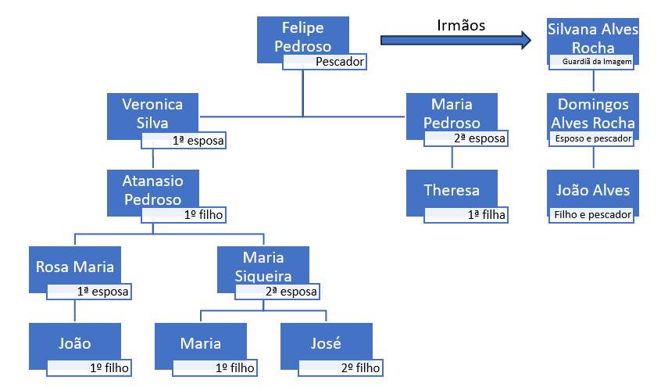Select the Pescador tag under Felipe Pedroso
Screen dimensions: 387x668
click(x=324, y=62)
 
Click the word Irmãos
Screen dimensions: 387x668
click(x=461, y=25)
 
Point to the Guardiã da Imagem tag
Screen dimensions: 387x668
click(x=592, y=61)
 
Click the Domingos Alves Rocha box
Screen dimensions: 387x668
click(x=593, y=113)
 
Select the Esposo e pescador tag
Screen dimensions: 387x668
click(x=592, y=139)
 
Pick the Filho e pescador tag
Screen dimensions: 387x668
click(x=592, y=214)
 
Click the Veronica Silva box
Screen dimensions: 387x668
click(x=153, y=113)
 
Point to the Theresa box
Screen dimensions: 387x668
click(x=452, y=190)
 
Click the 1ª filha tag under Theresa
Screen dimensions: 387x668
click(x=466, y=215)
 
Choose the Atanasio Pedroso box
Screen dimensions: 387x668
click(x=153, y=189)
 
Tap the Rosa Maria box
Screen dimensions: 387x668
click(x=75, y=267)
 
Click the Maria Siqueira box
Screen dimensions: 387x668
click(x=263, y=266)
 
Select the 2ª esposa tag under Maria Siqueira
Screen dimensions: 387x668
click(x=277, y=292)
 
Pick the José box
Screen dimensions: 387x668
click(x=326, y=343)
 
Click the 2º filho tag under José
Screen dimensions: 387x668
click(x=341, y=367)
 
